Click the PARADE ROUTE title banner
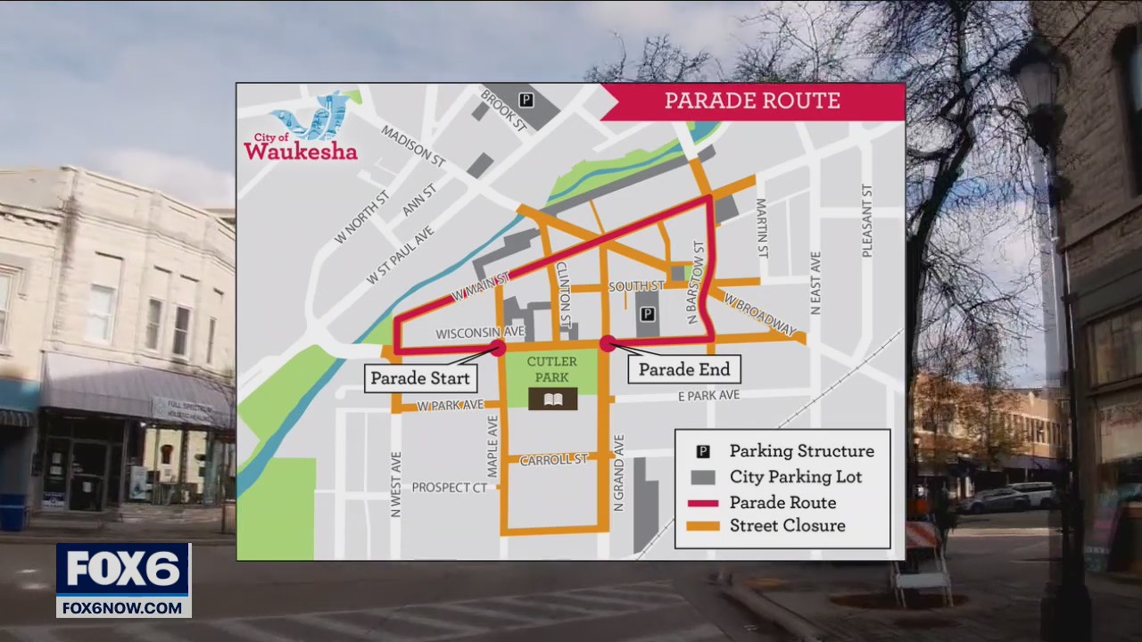click(752, 101)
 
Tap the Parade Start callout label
click(419, 378)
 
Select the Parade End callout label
click(683, 369)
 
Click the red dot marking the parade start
click(498, 348)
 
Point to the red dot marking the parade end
click(608, 343)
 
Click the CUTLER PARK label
click(552, 369)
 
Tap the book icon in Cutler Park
click(553, 399)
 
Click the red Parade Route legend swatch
click(703, 503)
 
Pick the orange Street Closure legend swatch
click(703, 526)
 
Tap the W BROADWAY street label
click(760, 315)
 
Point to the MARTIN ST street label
click(762, 228)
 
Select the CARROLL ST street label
click(553, 459)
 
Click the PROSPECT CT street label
click(450, 488)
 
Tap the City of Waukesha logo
click(302, 130)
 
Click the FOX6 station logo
click(123, 579)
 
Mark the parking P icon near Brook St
click(526, 100)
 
